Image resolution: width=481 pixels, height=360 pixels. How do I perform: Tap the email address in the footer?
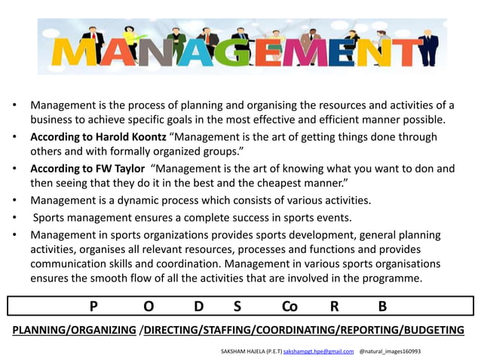(318, 352)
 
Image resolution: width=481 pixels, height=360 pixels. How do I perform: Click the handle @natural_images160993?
(390, 352)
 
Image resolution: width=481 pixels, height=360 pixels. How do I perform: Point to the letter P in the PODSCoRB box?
(93, 307)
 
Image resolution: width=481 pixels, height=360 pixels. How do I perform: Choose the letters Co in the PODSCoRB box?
(290, 307)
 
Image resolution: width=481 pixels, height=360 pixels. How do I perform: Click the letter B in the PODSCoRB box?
(382, 307)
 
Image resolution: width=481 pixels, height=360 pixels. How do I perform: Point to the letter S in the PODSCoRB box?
(237, 307)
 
